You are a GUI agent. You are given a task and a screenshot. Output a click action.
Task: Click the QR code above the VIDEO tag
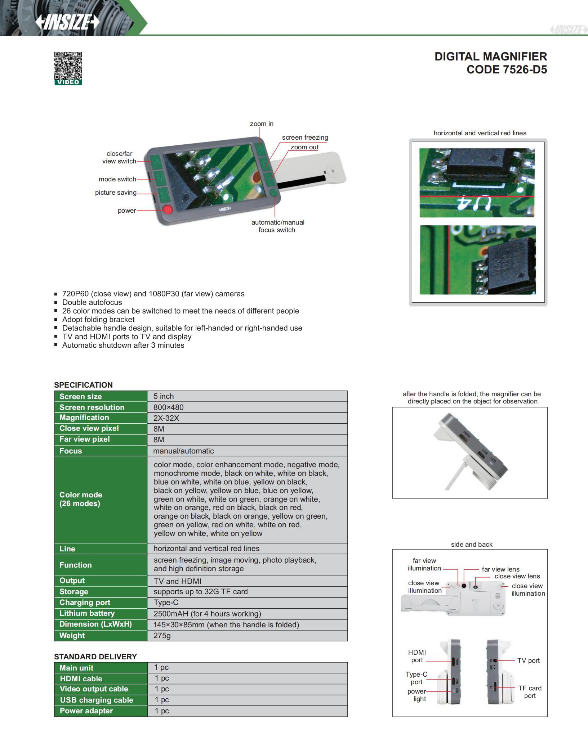tap(68, 66)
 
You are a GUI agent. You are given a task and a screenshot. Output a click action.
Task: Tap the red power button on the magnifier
tap(167, 209)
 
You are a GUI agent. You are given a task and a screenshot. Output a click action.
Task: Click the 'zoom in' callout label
tap(262, 124)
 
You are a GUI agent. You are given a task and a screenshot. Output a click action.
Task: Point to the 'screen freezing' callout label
tap(305, 137)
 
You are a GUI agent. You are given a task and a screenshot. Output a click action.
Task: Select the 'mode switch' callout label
tap(117, 179)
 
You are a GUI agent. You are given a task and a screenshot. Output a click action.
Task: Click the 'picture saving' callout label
tap(116, 193)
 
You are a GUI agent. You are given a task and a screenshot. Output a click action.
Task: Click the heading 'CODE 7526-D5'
tap(507, 69)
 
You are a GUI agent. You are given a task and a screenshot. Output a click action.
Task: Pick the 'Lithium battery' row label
tap(87, 613)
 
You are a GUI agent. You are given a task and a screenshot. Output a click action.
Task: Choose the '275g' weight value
tap(162, 636)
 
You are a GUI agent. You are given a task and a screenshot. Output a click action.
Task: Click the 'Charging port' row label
tap(85, 603)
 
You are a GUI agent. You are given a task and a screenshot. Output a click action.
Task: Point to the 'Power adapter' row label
tap(86, 711)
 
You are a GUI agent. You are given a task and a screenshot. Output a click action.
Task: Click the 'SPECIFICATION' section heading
tap(83, 385)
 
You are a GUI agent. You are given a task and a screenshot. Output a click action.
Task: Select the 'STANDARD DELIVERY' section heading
tap(95, 656)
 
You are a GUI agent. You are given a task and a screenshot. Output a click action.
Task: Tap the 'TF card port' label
tap(530, 692)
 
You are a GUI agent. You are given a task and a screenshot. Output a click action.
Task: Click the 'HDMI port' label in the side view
tap(417, 656)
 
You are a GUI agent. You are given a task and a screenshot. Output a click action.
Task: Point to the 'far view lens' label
tap(500, 569)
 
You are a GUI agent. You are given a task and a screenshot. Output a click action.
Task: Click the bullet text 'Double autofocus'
tap(92, 302)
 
